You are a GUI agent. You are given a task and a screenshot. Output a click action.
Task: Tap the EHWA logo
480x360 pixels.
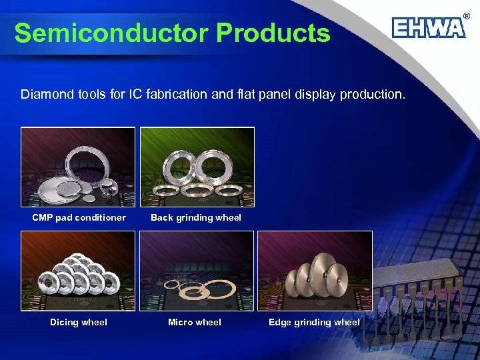pos(428,29)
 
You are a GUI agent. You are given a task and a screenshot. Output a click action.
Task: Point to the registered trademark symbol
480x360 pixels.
pos(467,15)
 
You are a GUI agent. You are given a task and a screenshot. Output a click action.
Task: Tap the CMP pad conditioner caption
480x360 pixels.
pos(79,217)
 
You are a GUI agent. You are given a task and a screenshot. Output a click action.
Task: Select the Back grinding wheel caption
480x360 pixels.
pos(196,217)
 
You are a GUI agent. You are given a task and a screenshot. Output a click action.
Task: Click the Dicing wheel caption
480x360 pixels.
pos(79,323)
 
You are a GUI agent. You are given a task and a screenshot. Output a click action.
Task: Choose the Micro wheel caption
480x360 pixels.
pos(195,323)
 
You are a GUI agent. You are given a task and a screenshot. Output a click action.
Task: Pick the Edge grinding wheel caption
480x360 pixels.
pos(314,323)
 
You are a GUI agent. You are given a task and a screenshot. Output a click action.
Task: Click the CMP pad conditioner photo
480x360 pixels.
pos(78,167)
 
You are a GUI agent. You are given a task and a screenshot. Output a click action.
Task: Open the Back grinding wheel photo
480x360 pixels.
pos(197,167)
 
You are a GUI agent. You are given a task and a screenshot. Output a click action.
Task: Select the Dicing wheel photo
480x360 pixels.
pos(78,271)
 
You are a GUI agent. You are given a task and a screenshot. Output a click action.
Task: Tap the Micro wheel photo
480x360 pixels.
pos(197,271)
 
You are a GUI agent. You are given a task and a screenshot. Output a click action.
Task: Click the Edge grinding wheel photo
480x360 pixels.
pos(315,271)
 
